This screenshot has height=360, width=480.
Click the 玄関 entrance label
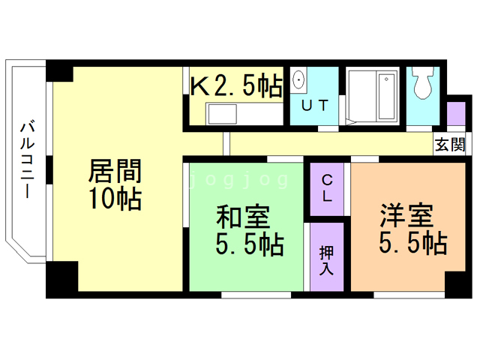(x=450, y=144)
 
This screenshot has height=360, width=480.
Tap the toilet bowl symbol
(x=423, y=82)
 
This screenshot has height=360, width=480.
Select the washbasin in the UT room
(x=298, y=80)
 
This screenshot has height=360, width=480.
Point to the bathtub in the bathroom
(x=387, y=96)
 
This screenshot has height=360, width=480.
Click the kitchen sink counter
(x=244, y=114)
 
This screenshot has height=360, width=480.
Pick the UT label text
(x=315, y=106)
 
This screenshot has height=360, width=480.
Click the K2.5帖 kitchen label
(x=236, y=85)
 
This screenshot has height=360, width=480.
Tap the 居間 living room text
(x=115, y=171)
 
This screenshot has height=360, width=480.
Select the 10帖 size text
(x=115, y=198)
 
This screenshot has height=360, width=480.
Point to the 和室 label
(x=243, y=217)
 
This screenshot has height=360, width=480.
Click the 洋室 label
(x=406, y=215)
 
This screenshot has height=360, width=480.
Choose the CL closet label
(x=327, y=188)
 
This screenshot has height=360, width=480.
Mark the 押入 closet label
(x=326, y=260)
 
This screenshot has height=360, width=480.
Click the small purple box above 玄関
(x=456, y=113)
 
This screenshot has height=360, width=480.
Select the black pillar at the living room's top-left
(x=60, y=71)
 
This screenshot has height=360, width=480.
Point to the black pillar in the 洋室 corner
(x=458, y=284)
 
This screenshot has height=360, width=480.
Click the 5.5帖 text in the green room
(x=250, y=245)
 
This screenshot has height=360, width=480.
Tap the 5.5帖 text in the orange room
(x=413, y=243)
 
